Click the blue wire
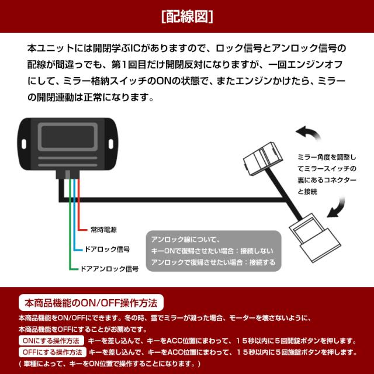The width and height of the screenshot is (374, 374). pyautogui.click(x=74, y=216)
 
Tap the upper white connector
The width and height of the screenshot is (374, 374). pyautogui.click(x=264, y=157)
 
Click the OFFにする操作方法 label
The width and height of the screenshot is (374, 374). pyautogui.click(x=53, y=352)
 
